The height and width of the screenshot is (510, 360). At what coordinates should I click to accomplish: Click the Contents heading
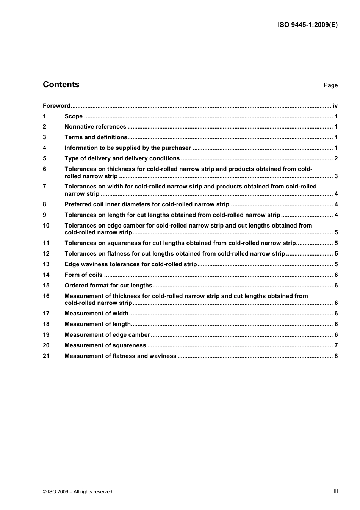click(61, 85)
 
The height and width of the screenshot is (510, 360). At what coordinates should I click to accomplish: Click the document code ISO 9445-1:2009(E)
click(307, 25)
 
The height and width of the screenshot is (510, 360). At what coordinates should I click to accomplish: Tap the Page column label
click(330, 85)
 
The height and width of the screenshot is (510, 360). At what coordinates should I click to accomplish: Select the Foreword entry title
click(56, 106)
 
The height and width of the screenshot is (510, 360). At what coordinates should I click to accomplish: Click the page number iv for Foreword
click(335, 106)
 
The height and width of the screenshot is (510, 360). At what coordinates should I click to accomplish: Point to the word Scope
click(74, 116)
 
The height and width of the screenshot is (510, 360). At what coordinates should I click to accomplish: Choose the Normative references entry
click(95, 127)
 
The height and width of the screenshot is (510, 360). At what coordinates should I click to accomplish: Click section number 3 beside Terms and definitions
click(44, 137)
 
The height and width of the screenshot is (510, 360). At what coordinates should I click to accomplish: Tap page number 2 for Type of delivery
click(336, 158)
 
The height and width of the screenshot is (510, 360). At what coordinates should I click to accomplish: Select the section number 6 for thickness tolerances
click(44, 169)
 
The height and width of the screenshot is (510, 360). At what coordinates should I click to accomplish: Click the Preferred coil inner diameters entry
click(147, 204)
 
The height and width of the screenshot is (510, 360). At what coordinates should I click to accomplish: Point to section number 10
click(46, 226)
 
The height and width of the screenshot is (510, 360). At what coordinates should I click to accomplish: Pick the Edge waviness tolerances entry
click(130, 264)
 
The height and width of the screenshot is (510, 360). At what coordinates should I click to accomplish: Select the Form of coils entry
click(83, 275)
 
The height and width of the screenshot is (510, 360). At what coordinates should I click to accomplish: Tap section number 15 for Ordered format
click(46, 286)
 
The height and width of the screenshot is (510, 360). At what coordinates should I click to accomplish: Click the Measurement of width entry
click(96, 314)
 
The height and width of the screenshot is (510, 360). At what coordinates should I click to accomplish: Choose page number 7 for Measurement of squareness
click(336, 345)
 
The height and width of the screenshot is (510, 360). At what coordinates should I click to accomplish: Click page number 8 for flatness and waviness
click(336, 356)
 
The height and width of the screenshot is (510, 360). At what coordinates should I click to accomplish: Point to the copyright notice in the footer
click(78, 492)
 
